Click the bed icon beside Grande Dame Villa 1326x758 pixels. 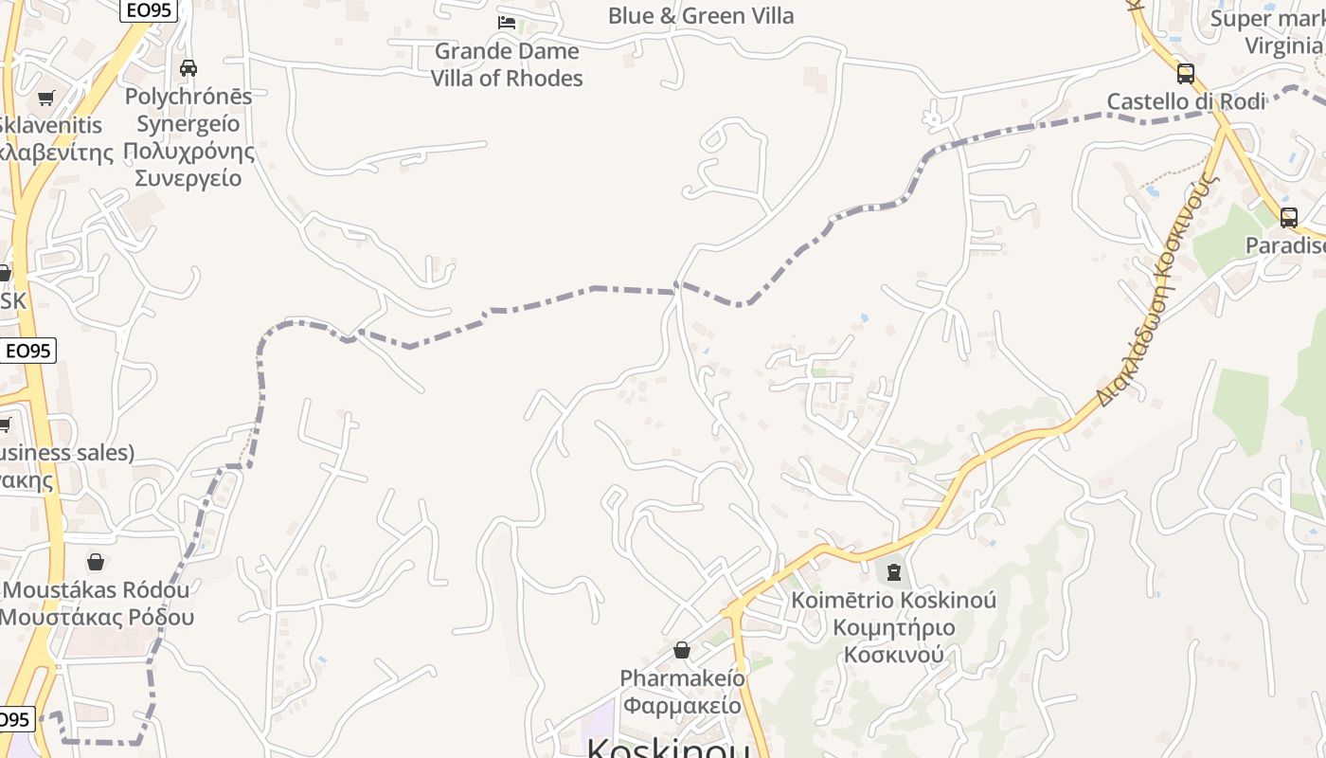[x=507, y=23]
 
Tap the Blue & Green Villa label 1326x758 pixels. [x=701, y=16]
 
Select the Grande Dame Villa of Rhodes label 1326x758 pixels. [x=507, y=64]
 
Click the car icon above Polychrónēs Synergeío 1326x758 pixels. [x=188, y=68]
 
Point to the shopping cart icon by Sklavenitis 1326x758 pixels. [x=45, y=98]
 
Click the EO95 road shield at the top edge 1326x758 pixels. [x=149, y=9]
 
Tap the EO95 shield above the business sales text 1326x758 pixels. [x=27, y=351]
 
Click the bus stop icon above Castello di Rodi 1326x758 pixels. [x=1185, y=73]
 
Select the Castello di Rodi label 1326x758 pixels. [x=1186, y=101]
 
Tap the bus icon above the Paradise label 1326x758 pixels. [x=1288, y=217]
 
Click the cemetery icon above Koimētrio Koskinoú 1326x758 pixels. [x=893, y=571]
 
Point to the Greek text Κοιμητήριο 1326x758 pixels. [x=894, y=627]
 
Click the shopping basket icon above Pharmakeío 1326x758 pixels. [x=681, y=650]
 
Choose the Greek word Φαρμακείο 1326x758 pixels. [x=682, y=706]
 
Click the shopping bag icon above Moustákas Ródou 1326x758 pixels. [x=95, y=562]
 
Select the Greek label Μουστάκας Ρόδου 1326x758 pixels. [x=97, y=617]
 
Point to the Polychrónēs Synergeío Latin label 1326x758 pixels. [x=188, y=110]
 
